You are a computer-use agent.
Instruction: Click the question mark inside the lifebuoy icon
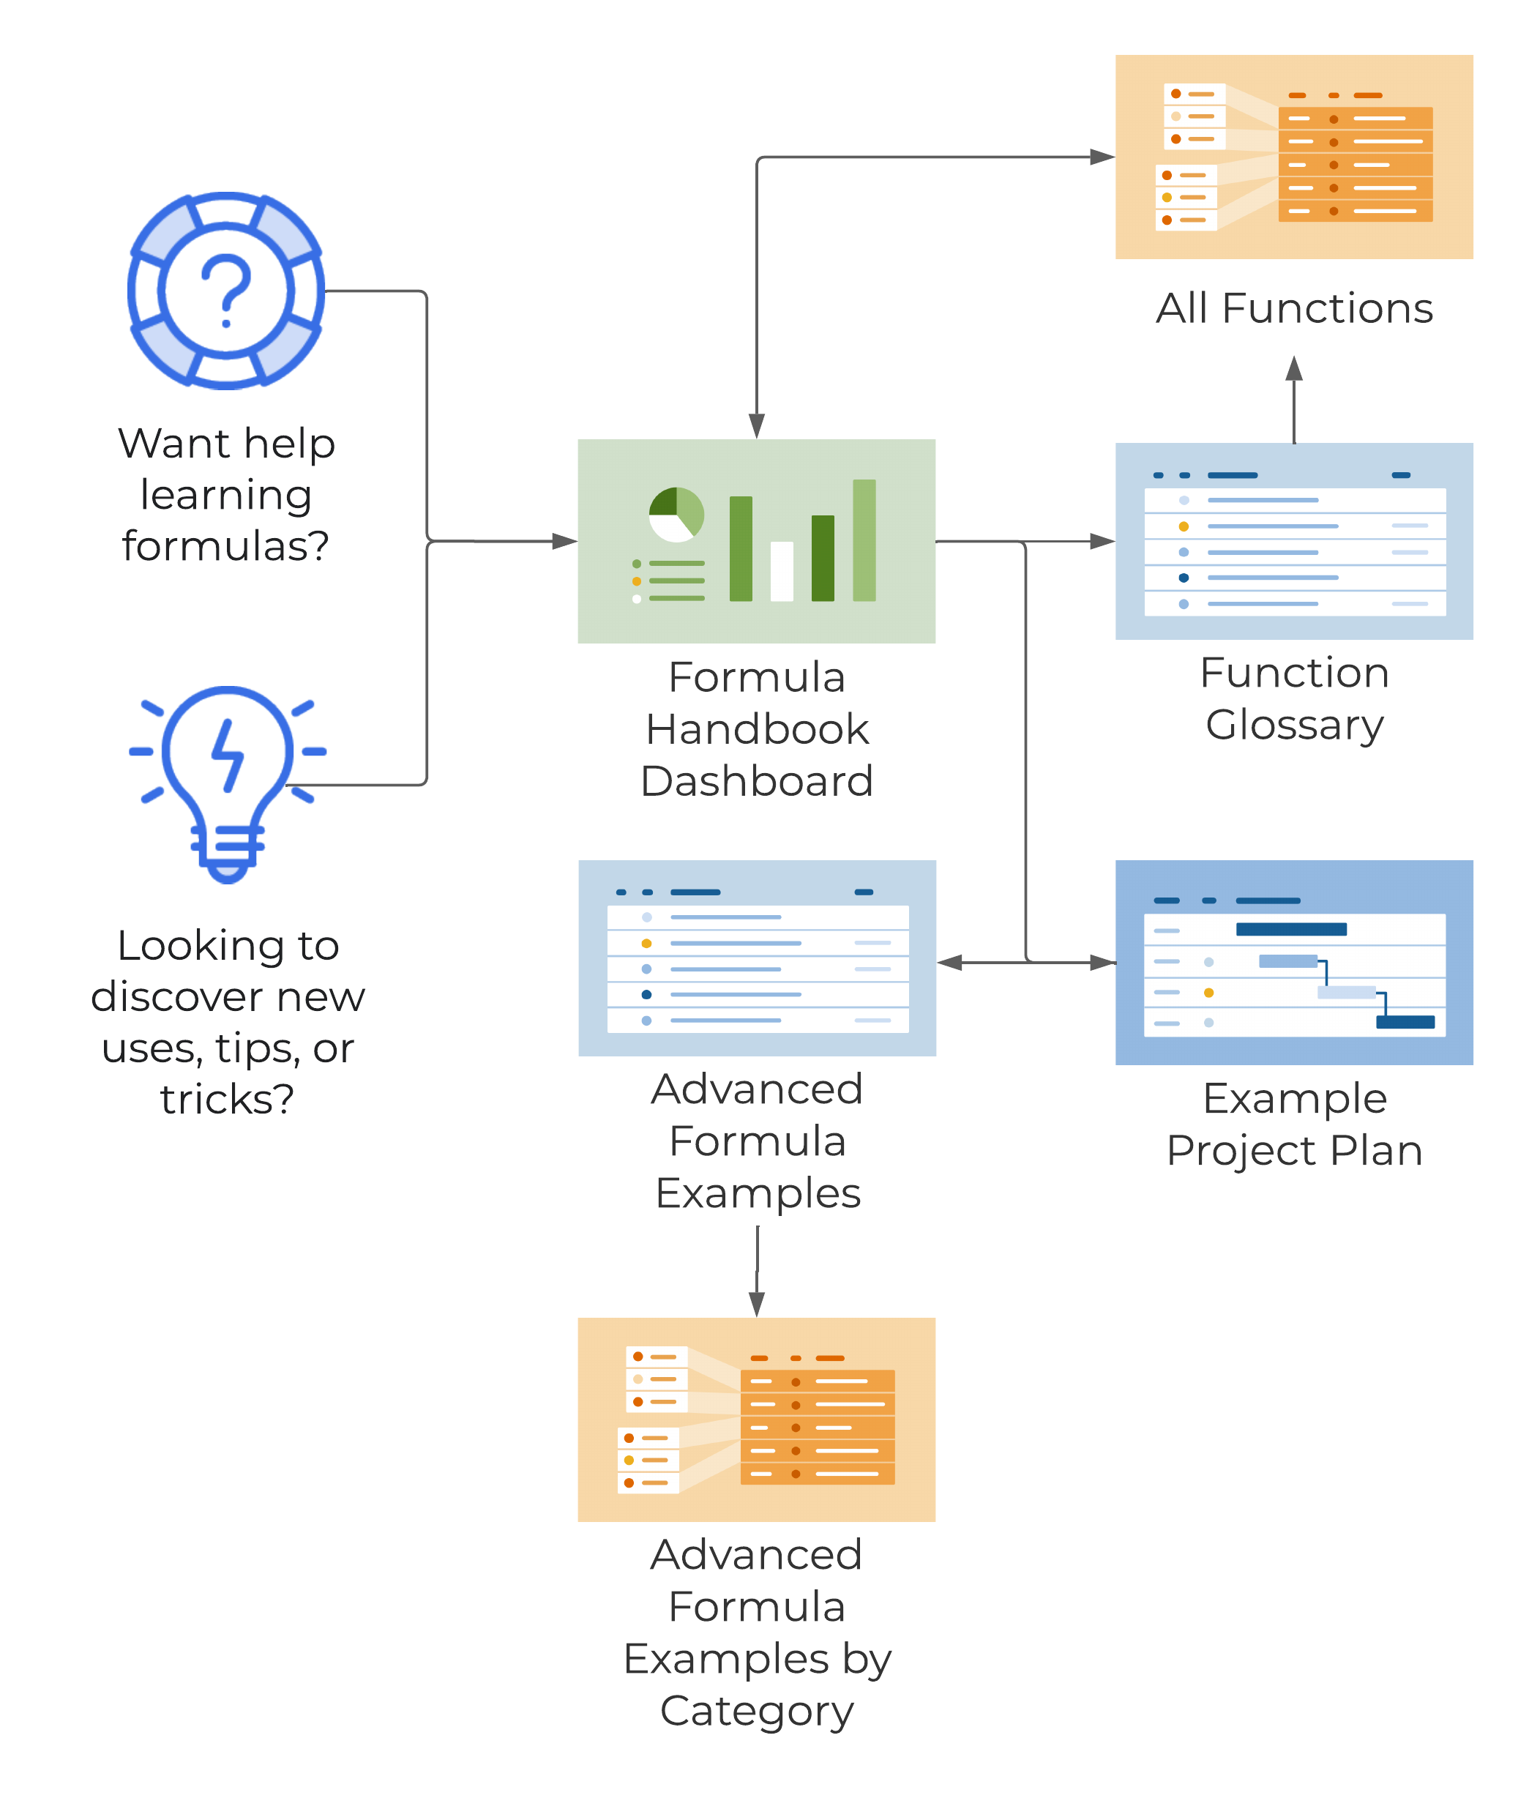226,288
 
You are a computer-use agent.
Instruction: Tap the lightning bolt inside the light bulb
228,754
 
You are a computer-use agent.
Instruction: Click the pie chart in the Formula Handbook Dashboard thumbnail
676,514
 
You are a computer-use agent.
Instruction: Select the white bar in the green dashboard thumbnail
782,570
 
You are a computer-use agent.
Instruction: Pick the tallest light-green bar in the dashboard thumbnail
864,540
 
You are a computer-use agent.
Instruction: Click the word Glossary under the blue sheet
1294,725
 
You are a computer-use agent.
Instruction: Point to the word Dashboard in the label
757,781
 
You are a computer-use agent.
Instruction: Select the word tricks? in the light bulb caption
227,1100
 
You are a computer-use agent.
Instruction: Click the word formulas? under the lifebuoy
225,546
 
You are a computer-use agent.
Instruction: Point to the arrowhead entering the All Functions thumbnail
1102,157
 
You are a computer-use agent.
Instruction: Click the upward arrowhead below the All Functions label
1294,368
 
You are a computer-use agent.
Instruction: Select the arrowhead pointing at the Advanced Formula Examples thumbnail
950,962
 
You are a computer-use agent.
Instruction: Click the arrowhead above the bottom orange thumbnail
757,1304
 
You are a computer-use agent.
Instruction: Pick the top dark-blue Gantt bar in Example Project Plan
1290,929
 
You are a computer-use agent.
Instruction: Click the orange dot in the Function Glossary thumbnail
1183,526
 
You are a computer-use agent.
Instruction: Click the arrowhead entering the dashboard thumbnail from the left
564,541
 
